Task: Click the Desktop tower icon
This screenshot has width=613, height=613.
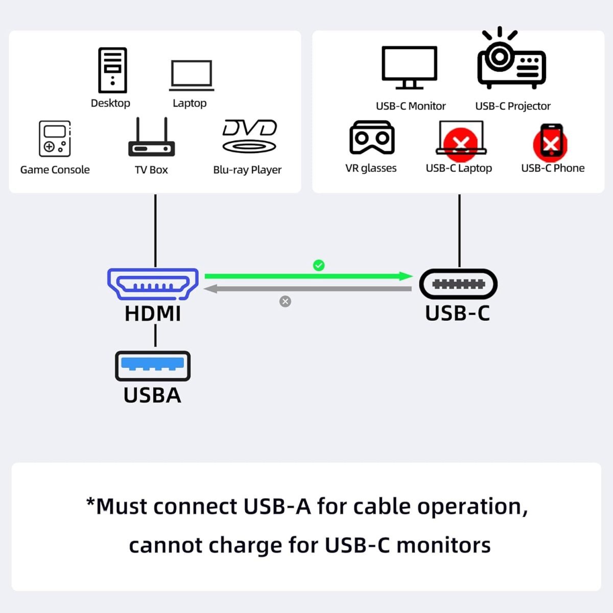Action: [x=112, y=70]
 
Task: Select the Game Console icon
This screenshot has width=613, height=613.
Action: [x=55, y=138]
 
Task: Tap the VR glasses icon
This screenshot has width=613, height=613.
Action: [x=371, y=137]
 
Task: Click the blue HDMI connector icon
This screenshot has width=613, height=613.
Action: [x=153, y=284]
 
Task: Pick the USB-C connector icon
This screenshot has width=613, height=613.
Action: [x=458, y=284]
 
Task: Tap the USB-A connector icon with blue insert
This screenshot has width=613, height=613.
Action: [x=153, y=366]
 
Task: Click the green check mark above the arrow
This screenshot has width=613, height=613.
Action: [x=319, y=265]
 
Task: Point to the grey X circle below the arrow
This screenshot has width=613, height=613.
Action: [x=285, y=301]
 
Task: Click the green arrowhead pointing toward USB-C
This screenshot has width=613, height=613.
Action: [x=406, y=276]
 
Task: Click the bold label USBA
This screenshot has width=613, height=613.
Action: [x=152, y=395]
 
